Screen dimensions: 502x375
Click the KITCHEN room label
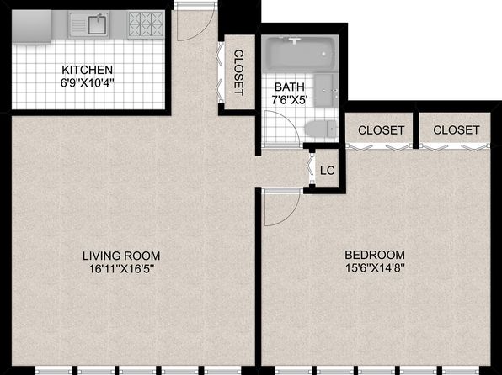(87, 70)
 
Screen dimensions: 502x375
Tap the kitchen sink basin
(98, 24)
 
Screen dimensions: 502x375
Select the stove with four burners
(146, 24)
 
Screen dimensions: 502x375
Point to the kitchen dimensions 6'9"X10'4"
(87, 83)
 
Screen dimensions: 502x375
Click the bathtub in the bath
(300, 53)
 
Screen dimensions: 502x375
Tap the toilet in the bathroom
(321, 129)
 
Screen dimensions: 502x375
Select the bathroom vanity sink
(326, 91)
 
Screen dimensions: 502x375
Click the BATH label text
(290, 87)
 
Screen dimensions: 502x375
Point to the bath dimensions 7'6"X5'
(290, 100)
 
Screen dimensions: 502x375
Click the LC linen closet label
(328, 171)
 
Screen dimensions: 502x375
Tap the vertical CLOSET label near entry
(239, 72)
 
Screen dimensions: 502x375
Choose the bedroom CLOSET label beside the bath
(381, 130)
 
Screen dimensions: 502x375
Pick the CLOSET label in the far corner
(457, 129)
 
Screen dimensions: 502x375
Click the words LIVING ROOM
(121, 256)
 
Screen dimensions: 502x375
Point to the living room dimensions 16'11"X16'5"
(122, 269)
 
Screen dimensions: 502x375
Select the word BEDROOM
(375, 255)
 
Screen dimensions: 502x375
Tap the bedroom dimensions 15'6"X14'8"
(375, 268)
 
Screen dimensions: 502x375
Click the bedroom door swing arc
(290, 216)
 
